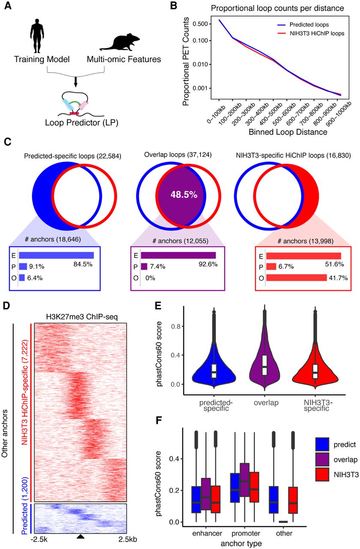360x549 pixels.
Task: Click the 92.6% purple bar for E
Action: tap(178, 255)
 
